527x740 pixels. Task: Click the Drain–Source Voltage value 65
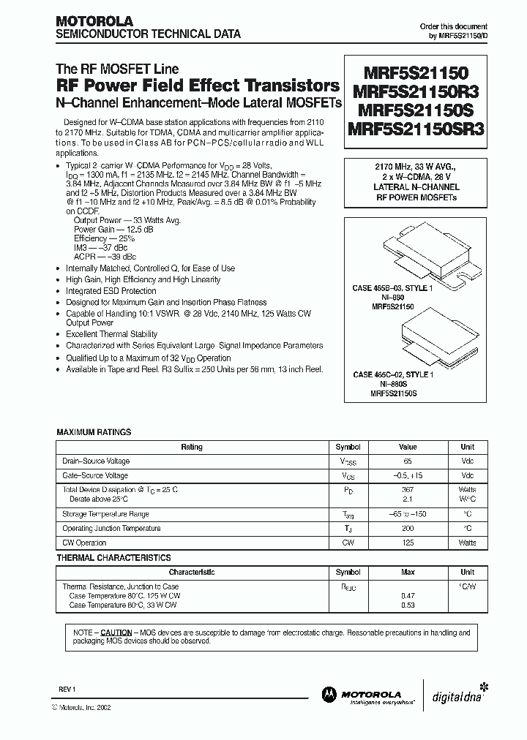click(x=407, y=461)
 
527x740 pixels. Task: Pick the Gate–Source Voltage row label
click(x=96, y=475)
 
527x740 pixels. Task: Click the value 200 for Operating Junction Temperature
click(x=407, y=529)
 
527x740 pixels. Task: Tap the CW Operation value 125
click(x=407, y=543)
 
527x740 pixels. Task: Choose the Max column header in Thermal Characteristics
click(x=407, y=573)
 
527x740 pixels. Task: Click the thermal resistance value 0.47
click(x=407, y=596)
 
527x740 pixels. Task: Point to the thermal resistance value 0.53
click(x=407, y=605)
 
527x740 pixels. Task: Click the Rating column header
click(x=191, y=448)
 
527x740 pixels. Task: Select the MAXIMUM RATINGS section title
click(x=94, y=432)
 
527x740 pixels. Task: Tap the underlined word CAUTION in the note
click(x=116, y=633)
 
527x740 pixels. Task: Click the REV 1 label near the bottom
click(x=67, y=689)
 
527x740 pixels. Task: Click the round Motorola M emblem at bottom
click(x=326, y=695)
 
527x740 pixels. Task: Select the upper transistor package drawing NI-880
click(x=416, y=257)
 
